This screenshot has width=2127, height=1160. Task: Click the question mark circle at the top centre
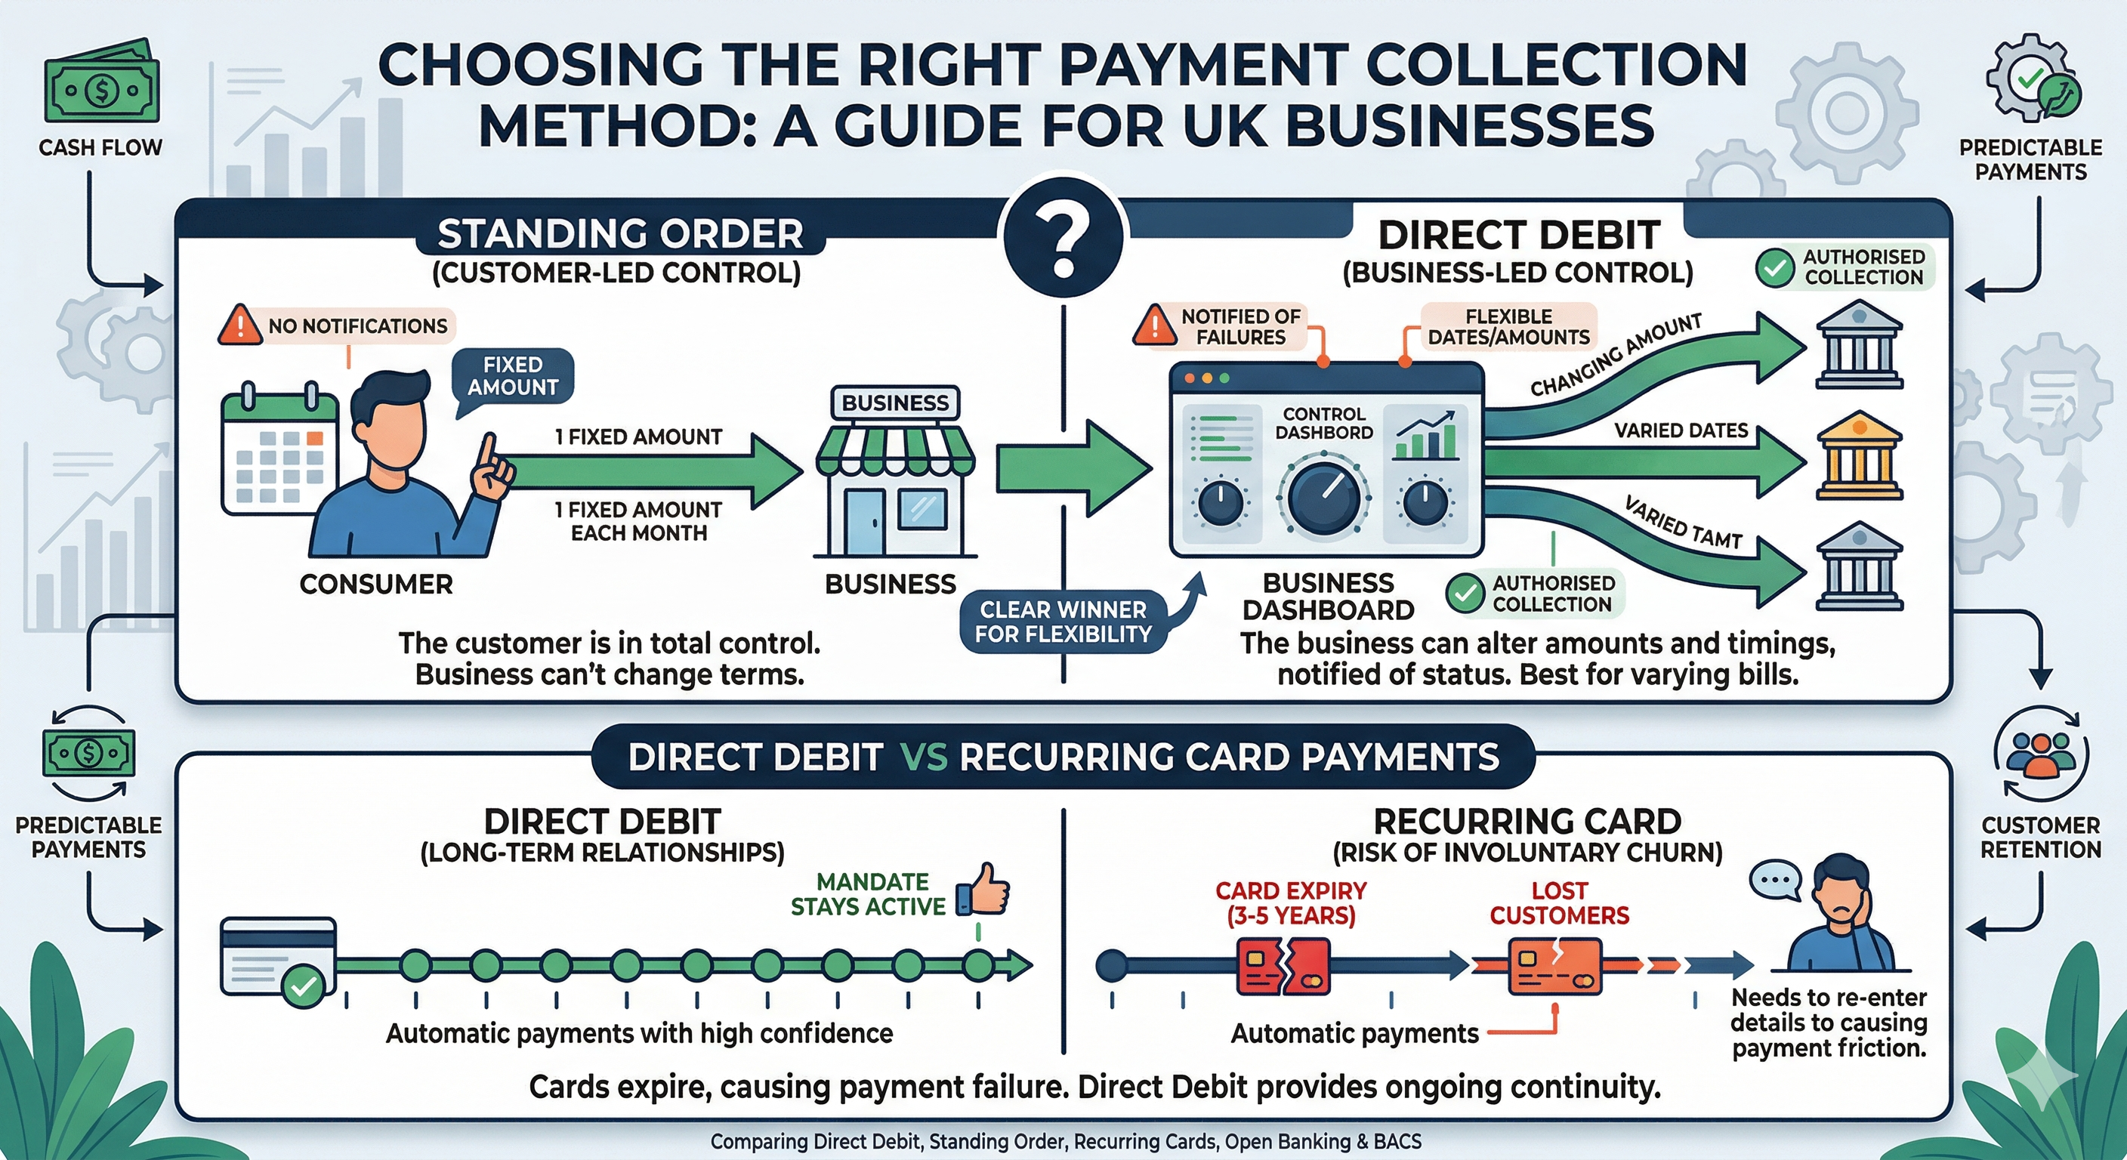point(1063,239)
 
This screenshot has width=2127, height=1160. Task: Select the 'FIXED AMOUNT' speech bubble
point(513,375)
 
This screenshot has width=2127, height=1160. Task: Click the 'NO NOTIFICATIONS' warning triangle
point(239,325)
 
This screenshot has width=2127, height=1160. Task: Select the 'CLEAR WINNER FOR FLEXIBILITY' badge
point(1063,622)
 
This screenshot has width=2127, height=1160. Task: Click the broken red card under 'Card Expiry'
point(1282,967)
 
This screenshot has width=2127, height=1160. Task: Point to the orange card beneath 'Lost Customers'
point(1554,966)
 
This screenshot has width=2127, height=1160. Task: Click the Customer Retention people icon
point(2040,754)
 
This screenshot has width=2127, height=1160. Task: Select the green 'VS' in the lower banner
point(923,757)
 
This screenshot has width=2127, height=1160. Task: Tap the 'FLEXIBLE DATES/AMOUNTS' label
point(1508,327)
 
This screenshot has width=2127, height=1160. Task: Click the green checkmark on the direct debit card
point(304,985)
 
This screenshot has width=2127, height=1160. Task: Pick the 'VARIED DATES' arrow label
point(1681,430)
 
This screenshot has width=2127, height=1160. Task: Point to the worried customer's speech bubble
point(1774,879)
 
